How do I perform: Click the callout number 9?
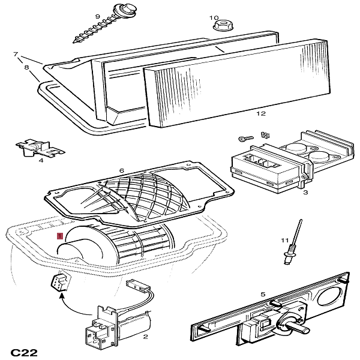97,16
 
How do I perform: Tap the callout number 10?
214,18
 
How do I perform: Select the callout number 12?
260,113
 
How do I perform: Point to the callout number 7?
16,55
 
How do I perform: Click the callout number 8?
26,68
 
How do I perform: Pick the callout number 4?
41,160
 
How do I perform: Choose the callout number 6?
121,170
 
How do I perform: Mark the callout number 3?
305,193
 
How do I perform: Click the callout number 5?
262,294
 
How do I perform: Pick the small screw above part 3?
244,139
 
